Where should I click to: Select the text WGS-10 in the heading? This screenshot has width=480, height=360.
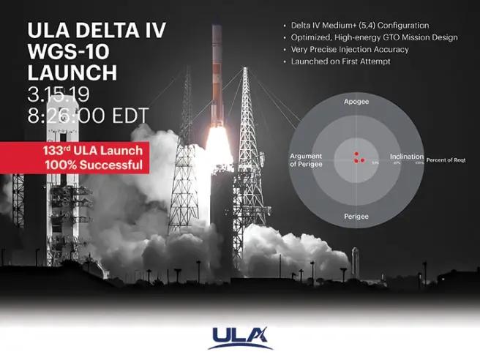[x=64, y=52]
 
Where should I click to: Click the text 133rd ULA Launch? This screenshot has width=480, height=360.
[x=92, y=151]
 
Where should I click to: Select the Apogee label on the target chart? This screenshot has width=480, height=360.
[x=356, y=102]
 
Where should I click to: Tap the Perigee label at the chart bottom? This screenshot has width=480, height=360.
[x=356, y=217]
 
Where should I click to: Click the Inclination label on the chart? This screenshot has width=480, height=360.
[x=406, y=157]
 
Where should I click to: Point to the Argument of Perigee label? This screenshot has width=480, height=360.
[x=307, y=160]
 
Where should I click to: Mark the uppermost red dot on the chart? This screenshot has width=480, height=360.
[x=356, y=154]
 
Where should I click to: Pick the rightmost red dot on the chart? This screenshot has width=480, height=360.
[x=363, y=160]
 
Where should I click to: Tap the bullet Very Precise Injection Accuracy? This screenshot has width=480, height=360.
[x=341, y=49]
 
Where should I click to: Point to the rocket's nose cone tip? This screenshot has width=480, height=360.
[x=217, y=27]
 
